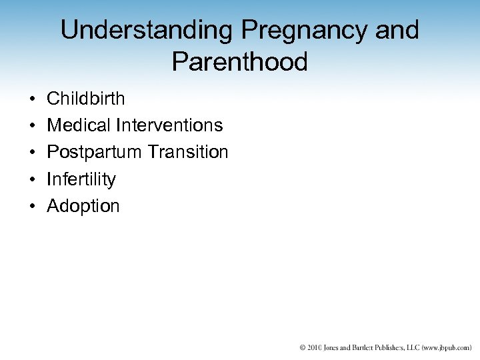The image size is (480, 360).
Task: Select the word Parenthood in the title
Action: click(239, 62)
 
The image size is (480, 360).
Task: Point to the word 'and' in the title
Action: click(397, 30)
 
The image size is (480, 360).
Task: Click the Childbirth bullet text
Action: click(85, 99)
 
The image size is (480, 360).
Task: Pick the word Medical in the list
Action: click(79, 125)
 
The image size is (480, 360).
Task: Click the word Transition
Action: click(188, 152)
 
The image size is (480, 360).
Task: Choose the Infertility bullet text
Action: click(81, 179)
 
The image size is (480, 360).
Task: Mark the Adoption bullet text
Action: click(83, 207)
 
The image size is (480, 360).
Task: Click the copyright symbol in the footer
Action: click(303, 347)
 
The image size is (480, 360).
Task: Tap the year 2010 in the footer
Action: click(316, 347)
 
